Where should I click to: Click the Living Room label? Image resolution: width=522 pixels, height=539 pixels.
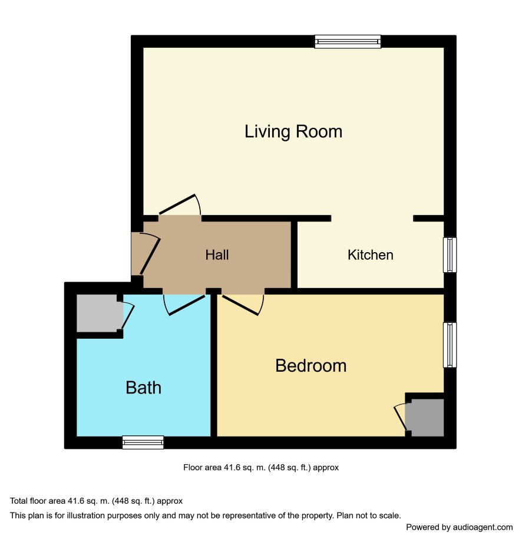293,132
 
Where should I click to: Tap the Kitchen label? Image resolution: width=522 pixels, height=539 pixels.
371,255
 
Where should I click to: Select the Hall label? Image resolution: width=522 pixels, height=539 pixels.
217,255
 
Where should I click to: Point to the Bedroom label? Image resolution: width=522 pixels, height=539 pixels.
311,366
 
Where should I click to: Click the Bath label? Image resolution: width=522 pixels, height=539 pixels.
143,388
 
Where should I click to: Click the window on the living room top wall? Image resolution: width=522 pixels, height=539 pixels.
348,42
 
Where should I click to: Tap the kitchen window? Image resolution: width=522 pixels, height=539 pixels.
450,254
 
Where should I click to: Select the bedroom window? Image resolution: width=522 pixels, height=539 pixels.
450,345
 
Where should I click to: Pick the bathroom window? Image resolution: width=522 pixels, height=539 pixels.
143,442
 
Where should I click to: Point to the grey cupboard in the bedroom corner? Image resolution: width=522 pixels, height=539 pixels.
427,418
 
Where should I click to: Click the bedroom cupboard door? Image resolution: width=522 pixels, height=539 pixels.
400,418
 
